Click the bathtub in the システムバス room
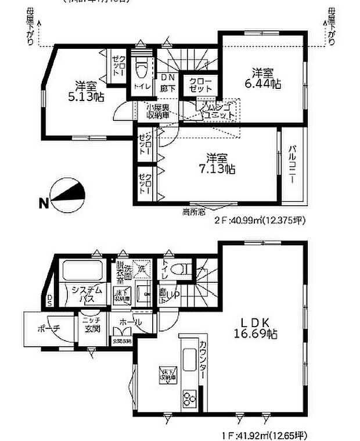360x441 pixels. (82, 271)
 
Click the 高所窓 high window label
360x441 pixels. (193, 211)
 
